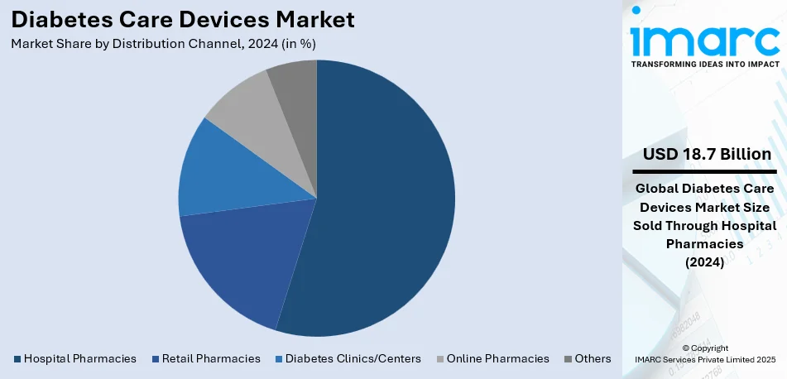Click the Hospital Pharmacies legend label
(x=79, y=358)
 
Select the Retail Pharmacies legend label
(x=211, y=358)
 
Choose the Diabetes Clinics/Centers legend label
(x=353, y=358)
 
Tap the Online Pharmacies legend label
(x=497, y=358)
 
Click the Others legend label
(x=593, y=358)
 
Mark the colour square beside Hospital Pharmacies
(x=17, y=359)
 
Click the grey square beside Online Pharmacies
(x=439, y=359)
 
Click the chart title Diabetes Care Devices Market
(x=182, y=19)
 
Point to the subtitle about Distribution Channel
(x=163, y=43)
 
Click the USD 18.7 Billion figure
(x=707, y=155)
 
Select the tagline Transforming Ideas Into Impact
(x=705, y=64)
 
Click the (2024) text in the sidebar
(x=705, y=262)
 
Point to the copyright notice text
(x=705, y=353)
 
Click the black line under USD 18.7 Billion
(x=705, y=171)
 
